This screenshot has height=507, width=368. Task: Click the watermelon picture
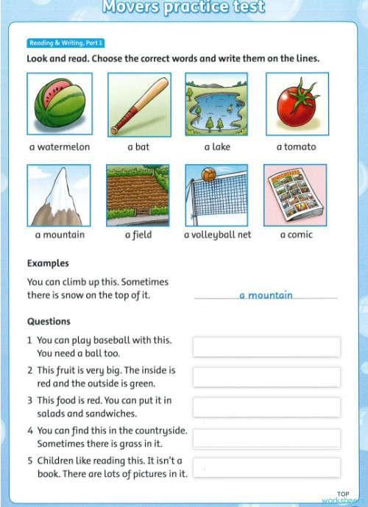59,104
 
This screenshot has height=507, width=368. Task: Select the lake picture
217,104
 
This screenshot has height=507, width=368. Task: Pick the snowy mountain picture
59,195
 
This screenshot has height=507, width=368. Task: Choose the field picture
138,195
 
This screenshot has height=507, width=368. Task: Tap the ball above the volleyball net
208,175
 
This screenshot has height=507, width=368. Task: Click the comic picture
296,195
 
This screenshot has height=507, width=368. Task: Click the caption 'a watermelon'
60,147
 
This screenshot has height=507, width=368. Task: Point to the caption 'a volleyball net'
217,235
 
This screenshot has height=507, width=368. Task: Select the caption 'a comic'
296,235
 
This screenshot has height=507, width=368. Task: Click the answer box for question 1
266,347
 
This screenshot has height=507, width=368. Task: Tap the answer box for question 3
266,407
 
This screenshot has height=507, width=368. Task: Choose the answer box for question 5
266,467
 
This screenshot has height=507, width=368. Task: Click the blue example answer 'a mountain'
266,295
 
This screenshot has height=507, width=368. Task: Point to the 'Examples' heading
48,263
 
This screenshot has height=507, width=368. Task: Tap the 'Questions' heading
49,322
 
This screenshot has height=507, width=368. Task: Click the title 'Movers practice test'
183,8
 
